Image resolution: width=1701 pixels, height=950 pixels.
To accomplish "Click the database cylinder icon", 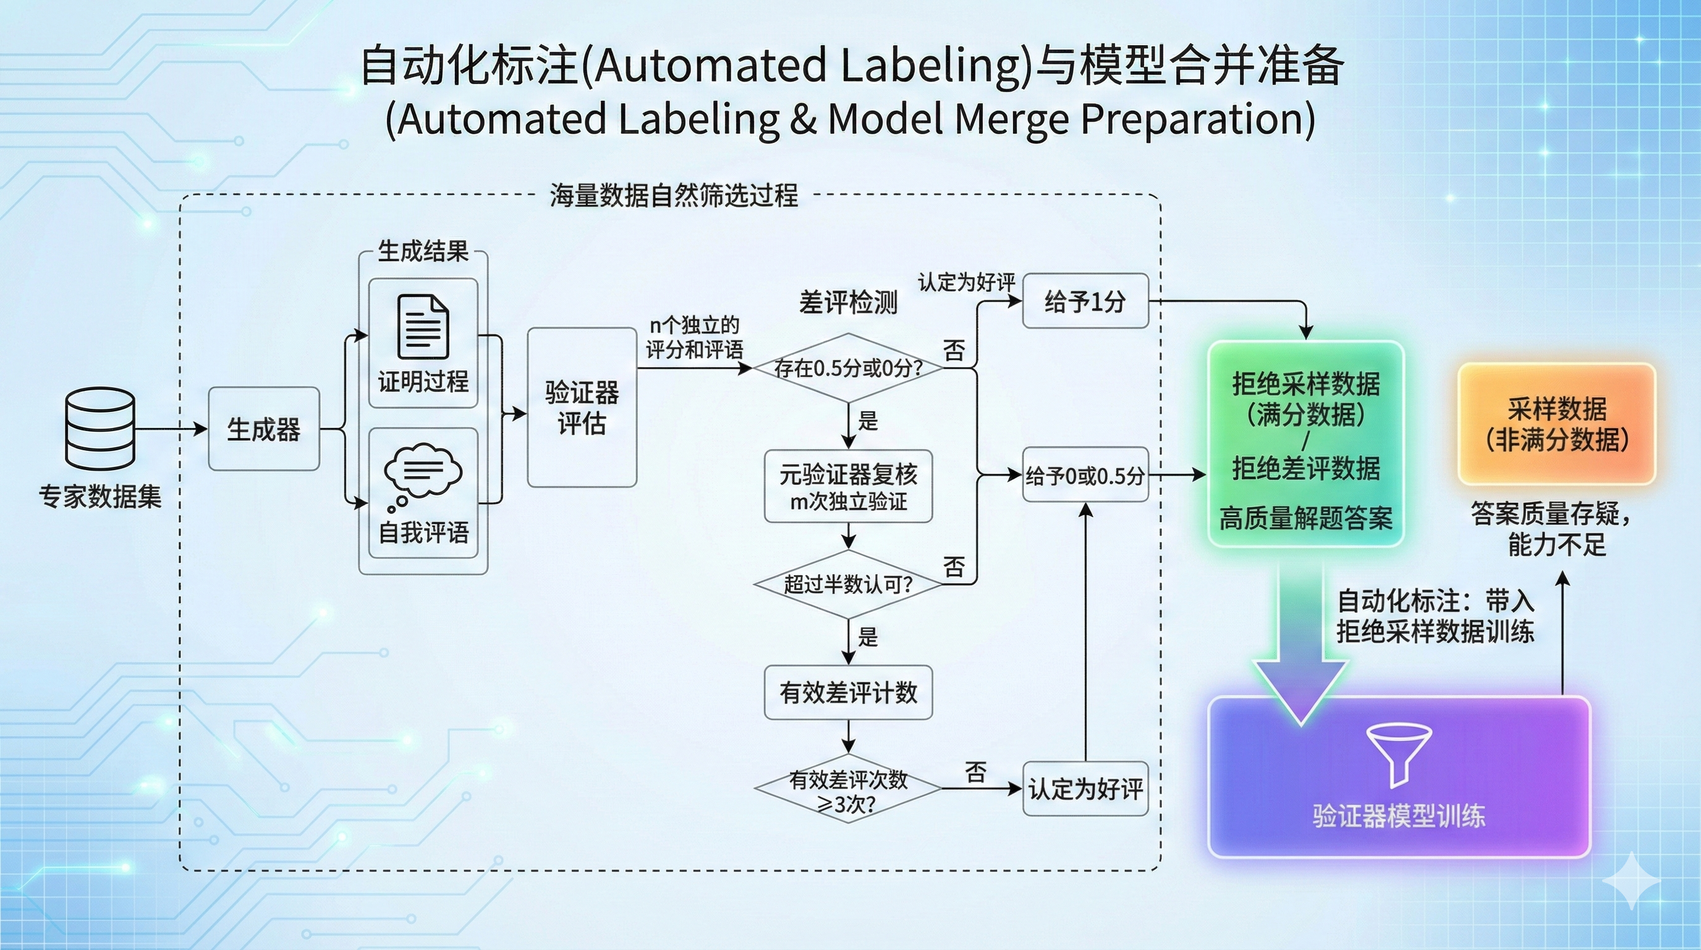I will pyautogui.click(x=100, y=429).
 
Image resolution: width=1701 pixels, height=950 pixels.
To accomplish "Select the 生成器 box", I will pyautogui.click(x=263, y=429).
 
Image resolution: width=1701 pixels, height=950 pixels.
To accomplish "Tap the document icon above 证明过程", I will pyautogui.click(x=423, y=327).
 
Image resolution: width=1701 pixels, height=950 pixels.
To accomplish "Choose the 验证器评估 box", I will pyautogui.click(x=582, y=408).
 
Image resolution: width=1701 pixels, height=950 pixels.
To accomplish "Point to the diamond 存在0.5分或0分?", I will pyautogui.click(x=848, y=368).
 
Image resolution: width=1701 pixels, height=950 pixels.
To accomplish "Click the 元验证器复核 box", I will pyautogui.click(x=848, y=487).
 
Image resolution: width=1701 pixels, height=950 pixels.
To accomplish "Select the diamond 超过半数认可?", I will pyautogui.click(x=848, y=584).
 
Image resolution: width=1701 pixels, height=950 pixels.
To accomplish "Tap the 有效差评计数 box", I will pyautogui.click(x=848, y=692).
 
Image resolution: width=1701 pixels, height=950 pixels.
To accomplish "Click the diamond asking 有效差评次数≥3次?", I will pyautogui.click(x=848, y=789).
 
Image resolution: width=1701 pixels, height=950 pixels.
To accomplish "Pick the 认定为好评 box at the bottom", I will pyautogui.click(x=1085, y=789).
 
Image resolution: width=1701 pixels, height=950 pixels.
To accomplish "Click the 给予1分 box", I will pyautogui.click(x=1085, y=301).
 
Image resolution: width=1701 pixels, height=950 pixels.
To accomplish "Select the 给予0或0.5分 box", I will pyautogui.click(x=1085, y=475).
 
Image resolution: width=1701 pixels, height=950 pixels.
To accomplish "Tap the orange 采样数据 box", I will pyautogui.click(x=1556, y=424).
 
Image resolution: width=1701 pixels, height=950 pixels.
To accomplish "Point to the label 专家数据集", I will pyautogui.click(x=100, y=496).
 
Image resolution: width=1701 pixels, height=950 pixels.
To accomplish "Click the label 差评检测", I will pyautogui.click(x=848, y=302).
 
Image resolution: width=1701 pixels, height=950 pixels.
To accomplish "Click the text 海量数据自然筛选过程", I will pyautogui.click(x=674, y=195).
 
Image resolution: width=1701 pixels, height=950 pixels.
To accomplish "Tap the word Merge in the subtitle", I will pyautogui.click(x=1011, y=119).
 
